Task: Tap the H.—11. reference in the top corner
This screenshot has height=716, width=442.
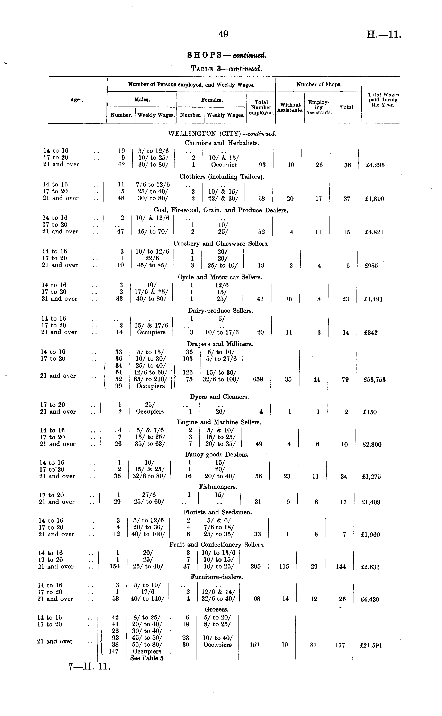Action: pyautogui.click(x=384, y=35)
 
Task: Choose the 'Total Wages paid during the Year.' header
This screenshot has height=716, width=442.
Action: pyautogui.click(x=383, y=100)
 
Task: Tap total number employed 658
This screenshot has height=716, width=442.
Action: pyautogui.click(x=258, y=379)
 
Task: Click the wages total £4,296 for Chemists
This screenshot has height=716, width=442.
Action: pyautogui.click(x=375, y=165)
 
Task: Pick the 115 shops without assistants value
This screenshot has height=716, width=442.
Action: pyautogui.click(x=284, y=566)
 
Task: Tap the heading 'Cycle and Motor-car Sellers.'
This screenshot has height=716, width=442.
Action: pyautogui.click(x=219, y=277)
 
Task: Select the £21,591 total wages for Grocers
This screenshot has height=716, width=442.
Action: pyautogui.click(x=371, y=645)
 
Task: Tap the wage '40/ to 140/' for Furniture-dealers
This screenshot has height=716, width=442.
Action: pyautogui.click(x=147, y=599)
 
